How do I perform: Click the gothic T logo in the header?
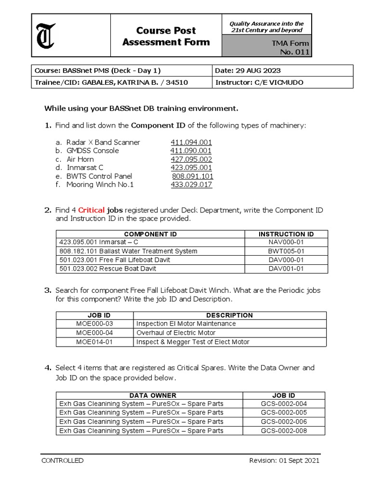click(x=46, y=36)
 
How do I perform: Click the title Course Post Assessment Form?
click(x=166, y=36)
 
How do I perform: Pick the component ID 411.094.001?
click(x=191, y=142)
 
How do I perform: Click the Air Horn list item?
click(x=80, y=159)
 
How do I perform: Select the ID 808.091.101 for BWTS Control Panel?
click(x=193, y=176)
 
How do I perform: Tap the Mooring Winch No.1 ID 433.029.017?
click(x=191, y=184)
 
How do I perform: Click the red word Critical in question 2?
click(x=92, y=210)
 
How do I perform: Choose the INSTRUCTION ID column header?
click(x=286, y=234)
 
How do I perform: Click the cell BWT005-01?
click(x=286, y=251)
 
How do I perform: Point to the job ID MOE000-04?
click(x=94, y=333)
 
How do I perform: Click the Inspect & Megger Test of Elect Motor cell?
click(x=193, y=342)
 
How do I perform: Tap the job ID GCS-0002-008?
click(x=284, y=430)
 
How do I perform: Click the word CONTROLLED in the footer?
click(x=63, y=460)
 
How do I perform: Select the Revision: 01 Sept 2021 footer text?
click(x=284, y=460)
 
